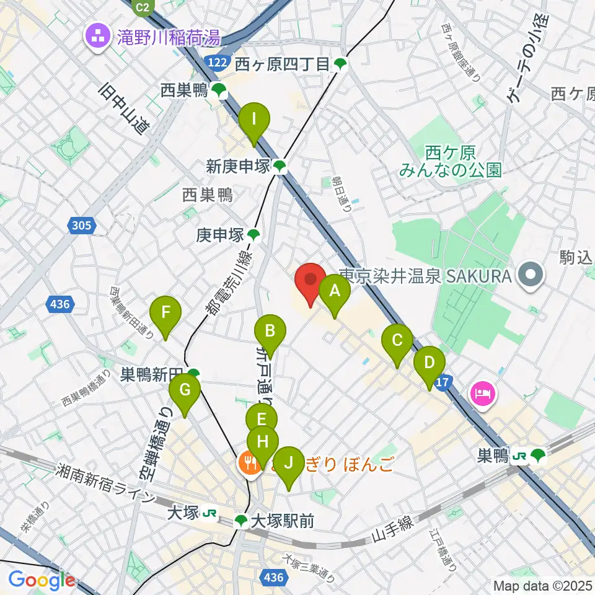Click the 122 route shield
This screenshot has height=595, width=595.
click(x=217, y=62)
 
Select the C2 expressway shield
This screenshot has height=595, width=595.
click(x=143, y=7)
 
